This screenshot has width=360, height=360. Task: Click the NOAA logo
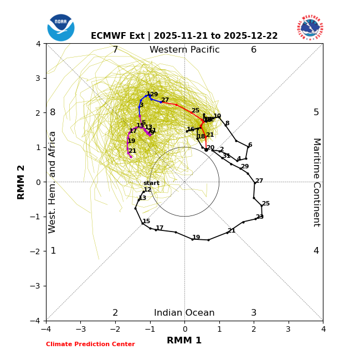click(61, 28)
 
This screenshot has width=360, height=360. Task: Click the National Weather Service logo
click(310, 28)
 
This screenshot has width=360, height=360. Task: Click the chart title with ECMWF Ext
click(184, 36)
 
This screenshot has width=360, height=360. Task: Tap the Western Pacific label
click(184, 50)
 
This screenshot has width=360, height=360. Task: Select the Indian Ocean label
click(184, 313)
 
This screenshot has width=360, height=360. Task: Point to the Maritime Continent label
click(316, 182)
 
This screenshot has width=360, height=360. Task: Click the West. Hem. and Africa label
click(53, 182)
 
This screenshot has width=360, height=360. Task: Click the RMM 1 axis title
click(184, 341)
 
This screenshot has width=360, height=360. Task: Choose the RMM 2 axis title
click(22, 182)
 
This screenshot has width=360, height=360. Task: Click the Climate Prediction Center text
click(90, 344)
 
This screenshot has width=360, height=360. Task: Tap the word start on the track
click(151, 183)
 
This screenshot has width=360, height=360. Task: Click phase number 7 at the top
click(115, 50)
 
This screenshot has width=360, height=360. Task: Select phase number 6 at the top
click(254, 50)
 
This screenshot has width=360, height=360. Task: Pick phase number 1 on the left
click(53, 251)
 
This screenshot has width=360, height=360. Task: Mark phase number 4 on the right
click(316, 251)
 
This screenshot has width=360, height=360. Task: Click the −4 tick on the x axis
click(46, 329)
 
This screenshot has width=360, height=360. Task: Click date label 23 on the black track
click(260, 217)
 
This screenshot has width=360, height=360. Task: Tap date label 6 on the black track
click(250, 145)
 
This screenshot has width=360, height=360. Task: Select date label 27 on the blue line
click(165, 100)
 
